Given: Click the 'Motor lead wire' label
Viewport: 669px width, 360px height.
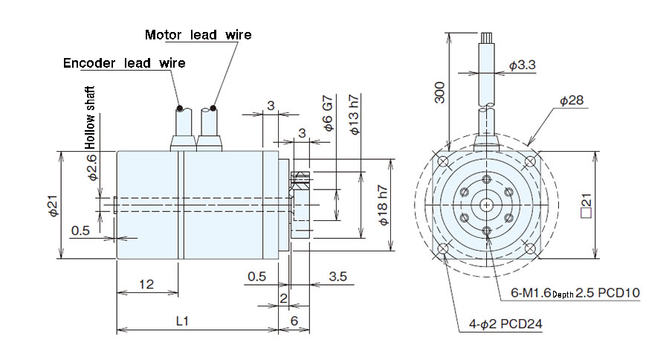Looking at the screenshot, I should (x=198, y=35).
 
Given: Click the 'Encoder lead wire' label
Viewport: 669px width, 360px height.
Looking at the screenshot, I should (x=124, y=63).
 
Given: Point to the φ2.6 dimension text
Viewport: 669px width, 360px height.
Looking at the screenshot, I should (x=91, y=168).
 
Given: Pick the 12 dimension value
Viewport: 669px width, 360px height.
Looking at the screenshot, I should (x=146, y=285).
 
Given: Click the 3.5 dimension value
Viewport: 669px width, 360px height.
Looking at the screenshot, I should (x=337, y=277).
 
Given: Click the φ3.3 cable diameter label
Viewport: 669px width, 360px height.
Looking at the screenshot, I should (x=523, y=65).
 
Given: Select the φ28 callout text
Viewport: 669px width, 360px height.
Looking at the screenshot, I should (x=572, y=100).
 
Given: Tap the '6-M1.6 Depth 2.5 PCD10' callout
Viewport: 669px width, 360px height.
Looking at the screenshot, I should (x=575, y=293).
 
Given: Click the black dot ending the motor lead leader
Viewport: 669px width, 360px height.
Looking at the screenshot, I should (x=213, y=108).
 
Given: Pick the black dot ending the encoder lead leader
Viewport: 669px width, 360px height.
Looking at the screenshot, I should (x=178, y=108).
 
